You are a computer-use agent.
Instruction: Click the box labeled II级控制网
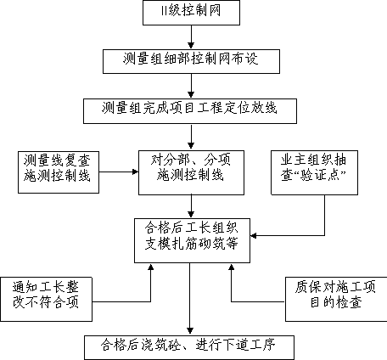(x=191, y=13)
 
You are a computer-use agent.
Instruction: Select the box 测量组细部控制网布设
(x=191, y=62)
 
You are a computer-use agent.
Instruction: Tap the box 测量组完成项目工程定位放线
(x=190, y=111)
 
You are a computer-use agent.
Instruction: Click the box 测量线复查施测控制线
(x=59, y=172)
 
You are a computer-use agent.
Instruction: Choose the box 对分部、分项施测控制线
(x=191, y=172)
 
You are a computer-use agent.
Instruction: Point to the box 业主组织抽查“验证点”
(x=314, y=172)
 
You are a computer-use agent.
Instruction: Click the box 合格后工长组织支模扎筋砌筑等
(x=192, y=240)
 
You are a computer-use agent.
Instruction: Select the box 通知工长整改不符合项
(x=46, y=299)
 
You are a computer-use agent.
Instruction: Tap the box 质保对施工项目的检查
(x=336, y=299)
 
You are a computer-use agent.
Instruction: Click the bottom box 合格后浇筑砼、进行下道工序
(x=189, y=347)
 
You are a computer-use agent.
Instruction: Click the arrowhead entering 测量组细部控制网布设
(x=191, y=46)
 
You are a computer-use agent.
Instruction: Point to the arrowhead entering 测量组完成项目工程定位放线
(x=191, y=95)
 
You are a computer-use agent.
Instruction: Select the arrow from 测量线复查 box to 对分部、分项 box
(x=119, y=172)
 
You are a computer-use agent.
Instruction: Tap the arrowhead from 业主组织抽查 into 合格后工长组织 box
(x=254, y=235)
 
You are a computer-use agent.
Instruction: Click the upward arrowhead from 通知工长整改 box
(x=151, y=267)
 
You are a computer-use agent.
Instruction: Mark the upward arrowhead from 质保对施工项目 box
(x=232, y=267)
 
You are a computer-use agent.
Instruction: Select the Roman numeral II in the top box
(x=164, y=12)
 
